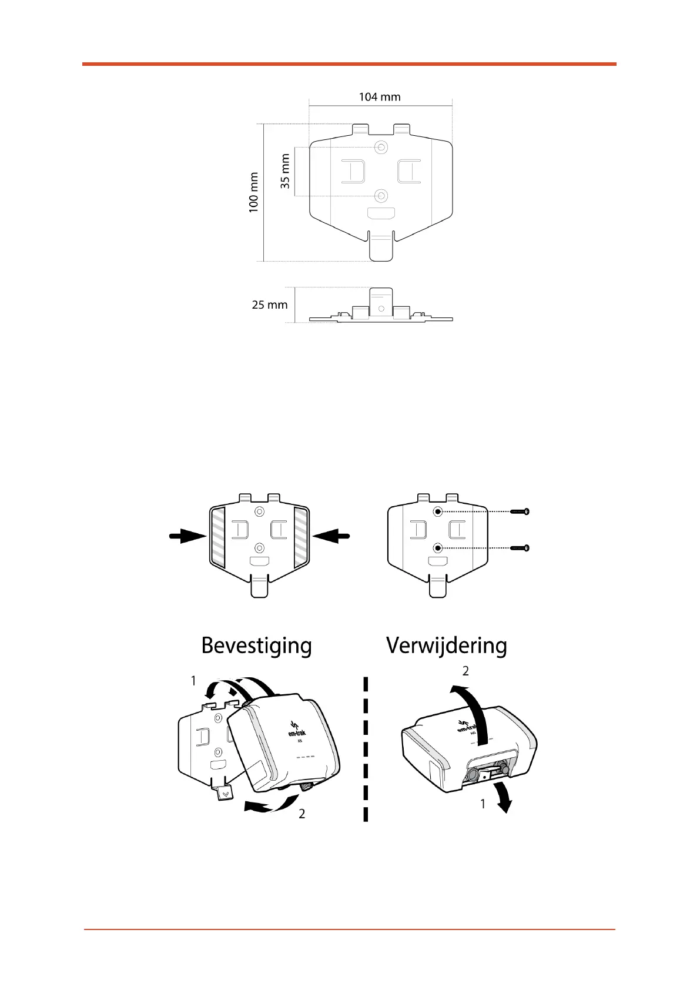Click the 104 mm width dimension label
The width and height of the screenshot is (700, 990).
[x=380, y=97]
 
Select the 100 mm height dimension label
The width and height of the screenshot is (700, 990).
[x=254, y=192]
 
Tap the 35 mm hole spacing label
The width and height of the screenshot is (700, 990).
[x=286, y=171]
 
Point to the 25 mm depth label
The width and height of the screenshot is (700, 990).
[x=270, y=305]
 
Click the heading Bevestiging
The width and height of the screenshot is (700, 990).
[x=256, y=645]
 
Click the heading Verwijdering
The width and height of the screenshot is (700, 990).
[x=446, y=645]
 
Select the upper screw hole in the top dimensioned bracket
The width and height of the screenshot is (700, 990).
[x=382, y=147]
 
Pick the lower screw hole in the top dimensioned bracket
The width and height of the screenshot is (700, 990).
[x=382, y=196]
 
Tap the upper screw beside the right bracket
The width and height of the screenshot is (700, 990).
[x=520, y=512]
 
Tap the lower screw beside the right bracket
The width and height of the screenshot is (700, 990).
[x=520, y=548]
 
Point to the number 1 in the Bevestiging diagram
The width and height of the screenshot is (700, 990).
[x=193, y=681]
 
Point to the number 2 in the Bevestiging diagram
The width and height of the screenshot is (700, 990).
[x=302, y=814]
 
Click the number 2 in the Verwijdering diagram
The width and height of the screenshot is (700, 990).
[x=465, y=671]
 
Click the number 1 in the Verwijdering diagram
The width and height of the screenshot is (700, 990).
[x=483, y=804]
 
